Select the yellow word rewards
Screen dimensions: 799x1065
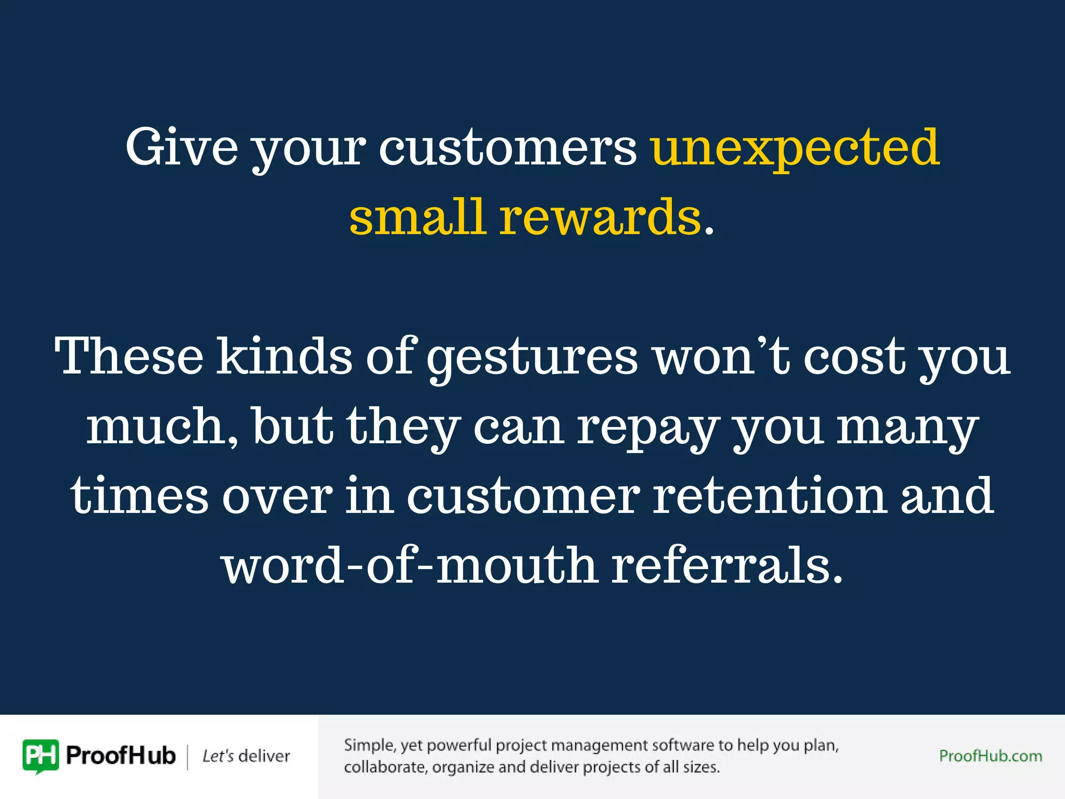click(x=601, y=217)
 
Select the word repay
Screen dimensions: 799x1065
click(x=647, y=428)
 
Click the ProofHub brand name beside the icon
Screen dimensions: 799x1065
click(x=121, y=756)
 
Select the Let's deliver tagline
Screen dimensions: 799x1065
click(x=246, y=756)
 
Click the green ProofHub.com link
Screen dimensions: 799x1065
click(x=990, y=756)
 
